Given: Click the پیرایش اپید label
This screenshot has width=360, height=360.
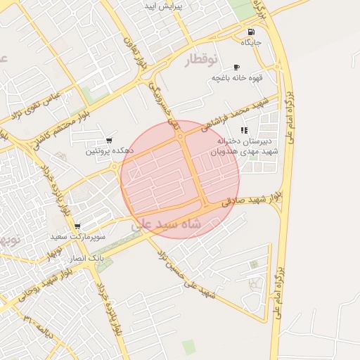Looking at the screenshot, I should pyautogui.click(x=163, y=6).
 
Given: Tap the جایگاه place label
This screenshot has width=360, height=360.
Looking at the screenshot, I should pyautogui.click(x=251, y=43).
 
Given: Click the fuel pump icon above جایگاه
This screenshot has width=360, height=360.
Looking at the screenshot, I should pyautogui.click(x=251, y=32).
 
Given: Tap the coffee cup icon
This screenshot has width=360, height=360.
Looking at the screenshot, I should pyautogui.click(x=236, y=67).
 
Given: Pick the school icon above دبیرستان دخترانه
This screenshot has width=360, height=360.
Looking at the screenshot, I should pyautogui.click(x=244, y=130).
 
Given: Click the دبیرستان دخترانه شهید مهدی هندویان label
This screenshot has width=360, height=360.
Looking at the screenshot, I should pyautogui.click(x=247, y=146).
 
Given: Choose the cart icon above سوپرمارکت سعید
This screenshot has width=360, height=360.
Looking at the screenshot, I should pyautogui.click(x=77, y=226).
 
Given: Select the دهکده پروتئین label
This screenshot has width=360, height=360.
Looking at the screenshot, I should pyautogui.click(x=108, y=151).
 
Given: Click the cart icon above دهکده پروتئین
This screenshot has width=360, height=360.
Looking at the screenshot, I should pyautogui.click(x=108, y=141).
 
